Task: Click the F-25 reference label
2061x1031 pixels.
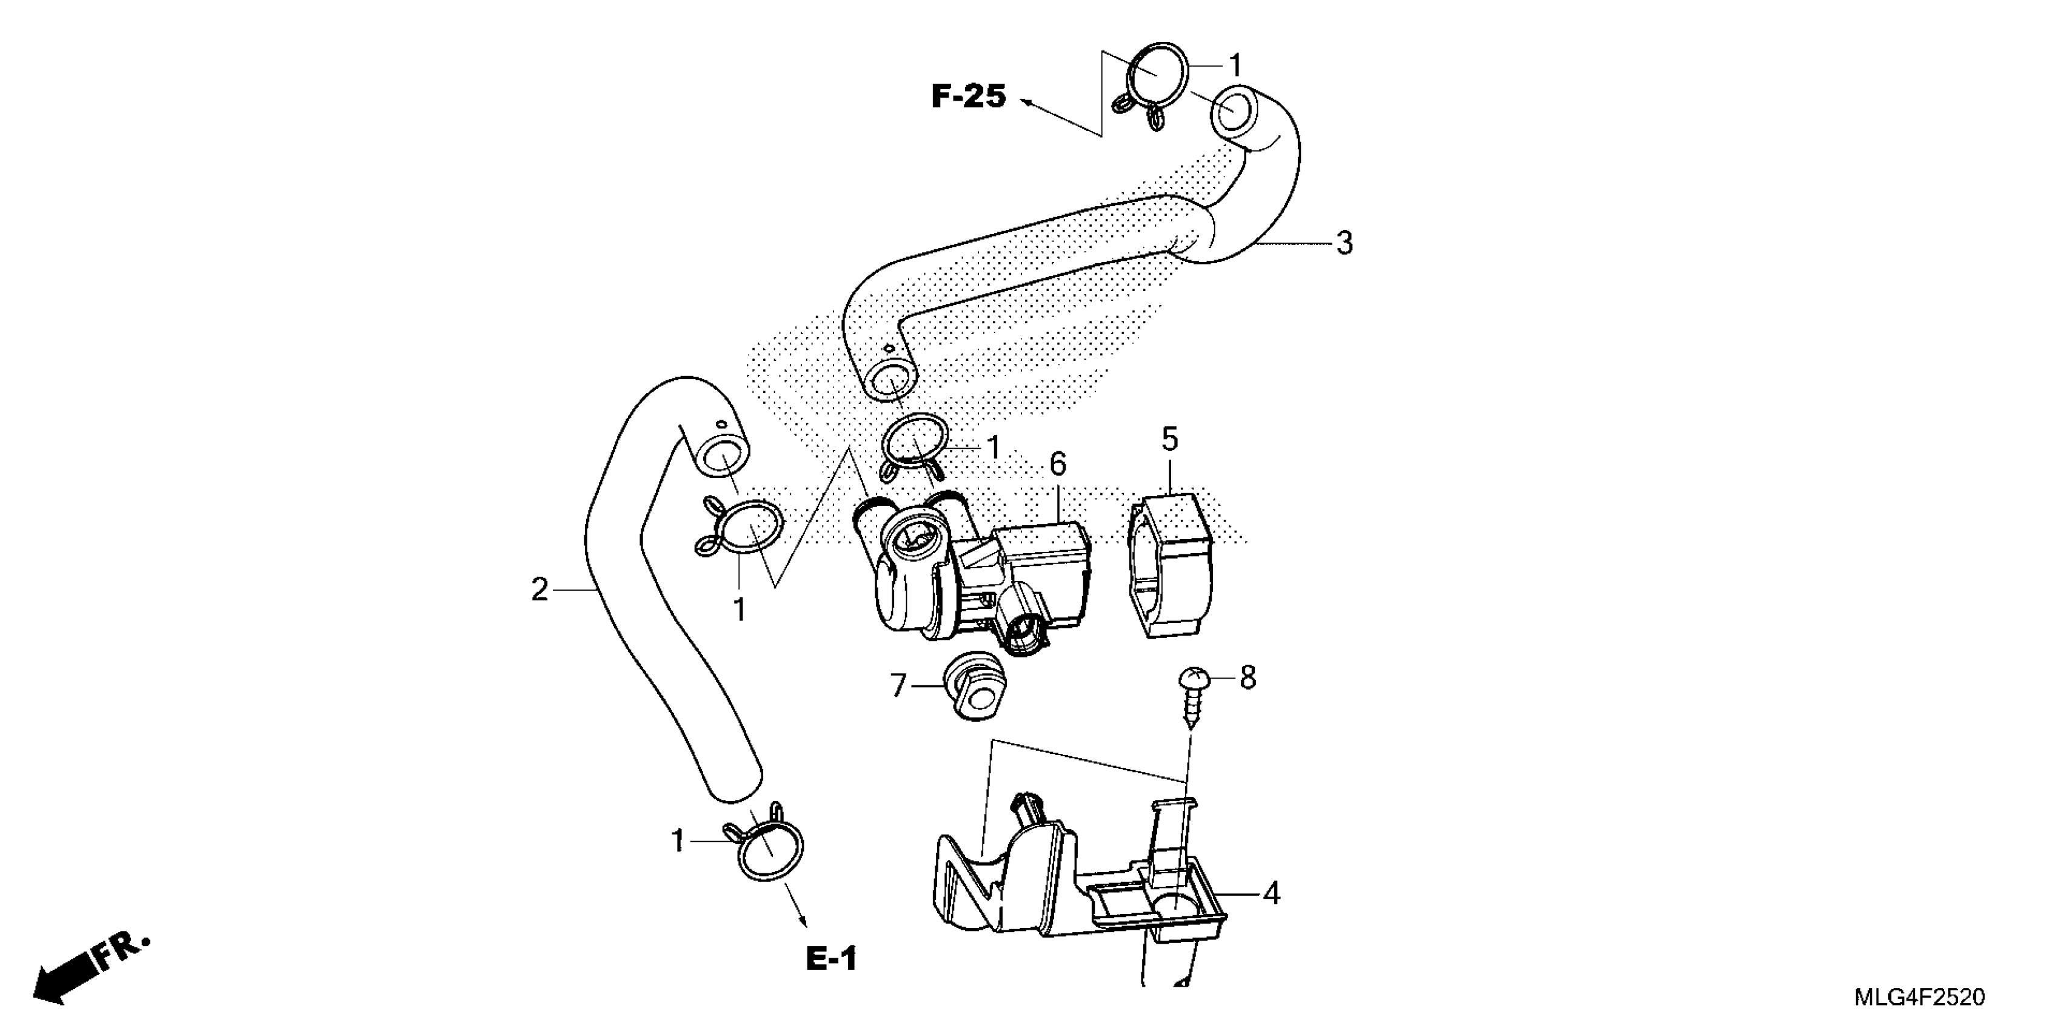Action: [x=968, y=97]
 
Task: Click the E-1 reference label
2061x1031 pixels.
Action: [x=831, y=958]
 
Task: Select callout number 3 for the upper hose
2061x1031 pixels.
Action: [x=1344, y=243]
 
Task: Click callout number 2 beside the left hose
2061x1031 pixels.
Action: [x=540, y=590]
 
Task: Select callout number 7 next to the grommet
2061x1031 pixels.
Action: [x=898, y=685]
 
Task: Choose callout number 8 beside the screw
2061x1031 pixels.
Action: [x=1248, y=678]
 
